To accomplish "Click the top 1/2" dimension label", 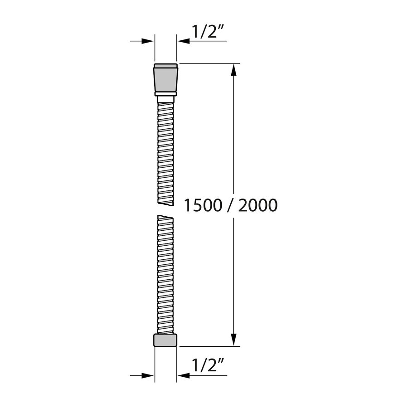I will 208,33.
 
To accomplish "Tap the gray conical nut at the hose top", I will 166,78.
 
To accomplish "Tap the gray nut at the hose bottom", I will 166,340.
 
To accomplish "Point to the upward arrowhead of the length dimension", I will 234,70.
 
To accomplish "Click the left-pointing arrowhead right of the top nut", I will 183,41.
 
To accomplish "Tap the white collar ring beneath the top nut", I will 166,94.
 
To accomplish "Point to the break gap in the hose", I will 166,209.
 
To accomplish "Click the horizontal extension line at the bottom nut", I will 209,346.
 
